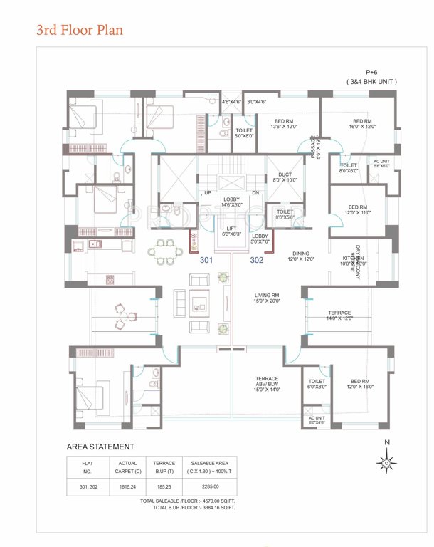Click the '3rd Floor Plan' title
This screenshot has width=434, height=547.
pos(80,31)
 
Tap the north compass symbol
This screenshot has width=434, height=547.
pos(385,462)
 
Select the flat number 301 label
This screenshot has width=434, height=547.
pos(206,260)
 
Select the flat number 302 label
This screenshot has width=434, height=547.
pos(257,260)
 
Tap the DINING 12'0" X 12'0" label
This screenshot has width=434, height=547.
pos(301,256)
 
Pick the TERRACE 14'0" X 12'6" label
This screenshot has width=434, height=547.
pos(339,316)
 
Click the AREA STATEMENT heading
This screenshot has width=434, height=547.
pos(100,447)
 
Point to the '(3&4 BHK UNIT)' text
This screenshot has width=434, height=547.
pos(371,82)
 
